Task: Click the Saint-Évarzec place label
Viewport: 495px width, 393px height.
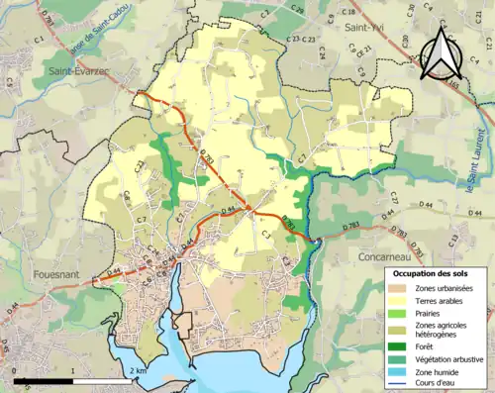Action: click(80, 71)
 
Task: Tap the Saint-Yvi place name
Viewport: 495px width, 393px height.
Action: click(364, 28)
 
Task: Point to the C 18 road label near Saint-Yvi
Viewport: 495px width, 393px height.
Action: click(348, 11)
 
